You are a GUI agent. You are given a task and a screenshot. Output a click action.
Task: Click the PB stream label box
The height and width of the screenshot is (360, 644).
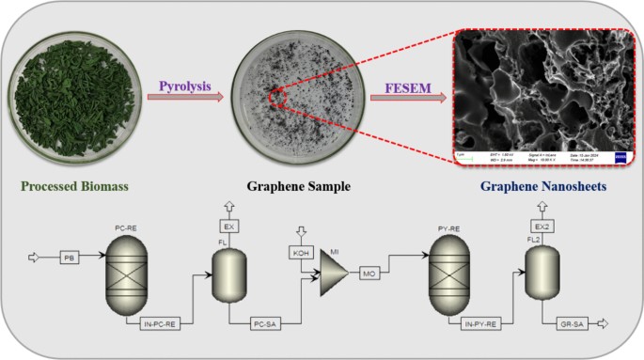pos(68,257)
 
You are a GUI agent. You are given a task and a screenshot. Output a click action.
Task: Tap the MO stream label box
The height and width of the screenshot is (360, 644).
pos(369,272)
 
